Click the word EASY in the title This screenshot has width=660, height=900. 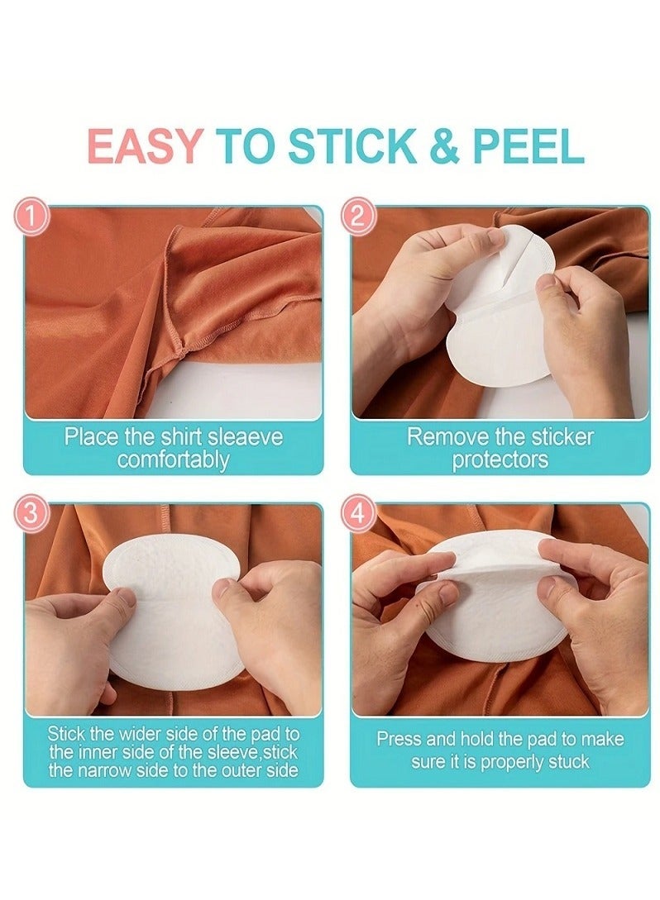pyautogui.click(x=144, y=146)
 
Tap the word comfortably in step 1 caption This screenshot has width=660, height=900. pyautogui.click(x=173, y=460)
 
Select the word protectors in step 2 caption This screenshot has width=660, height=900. pyautogui.click(x=500, y=460)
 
